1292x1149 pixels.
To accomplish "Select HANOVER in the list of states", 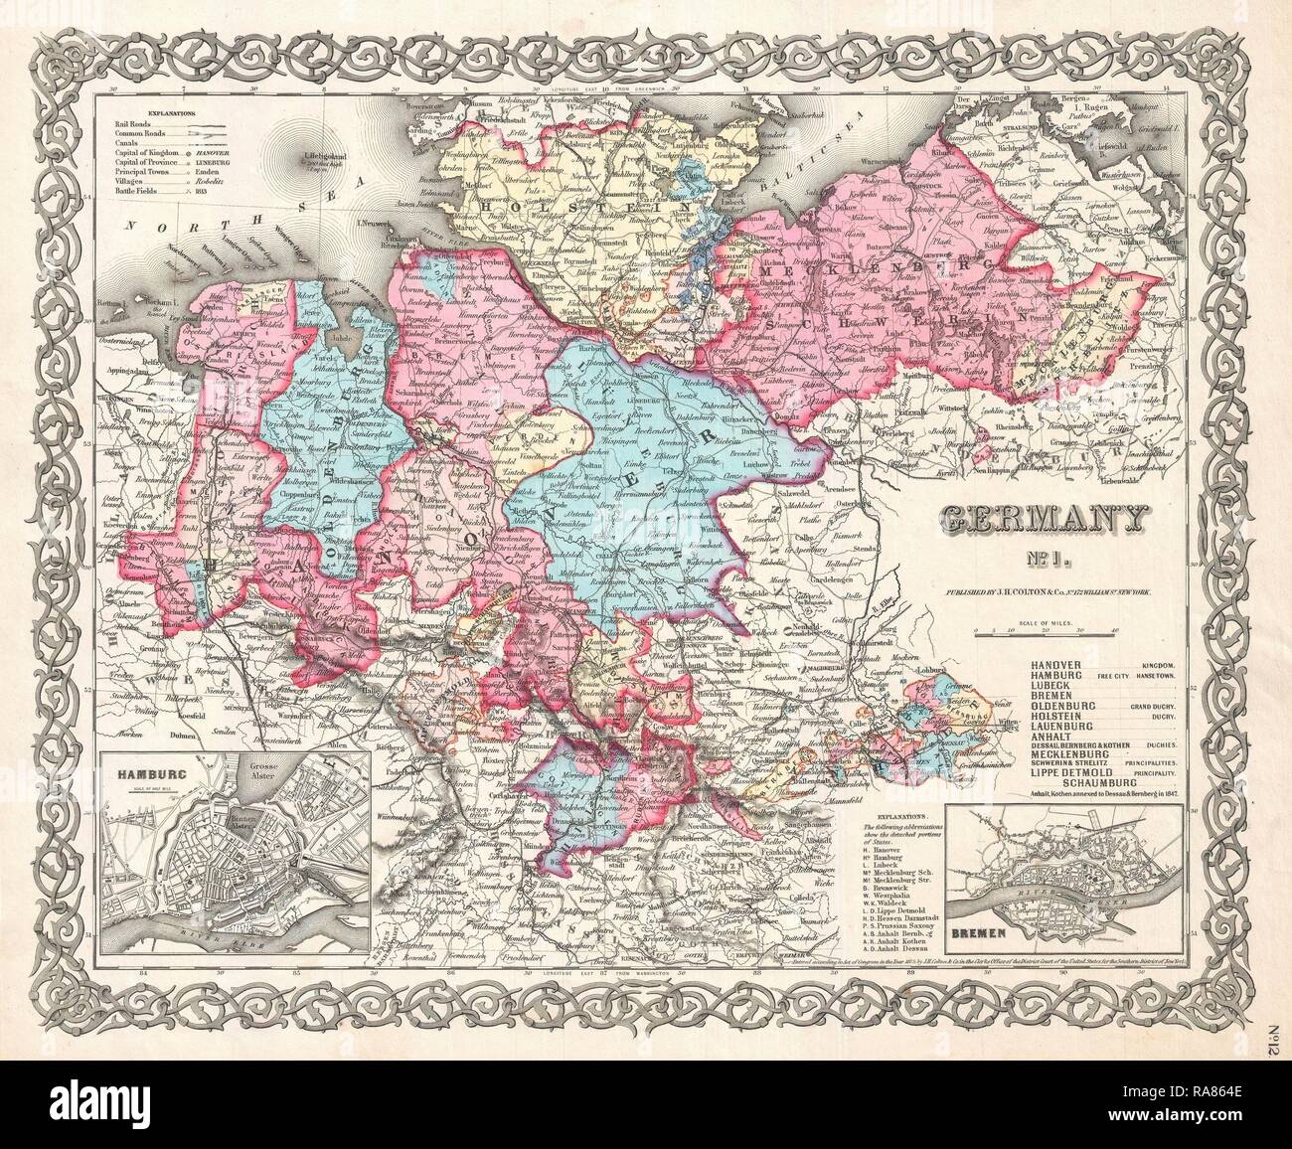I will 1063,664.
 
